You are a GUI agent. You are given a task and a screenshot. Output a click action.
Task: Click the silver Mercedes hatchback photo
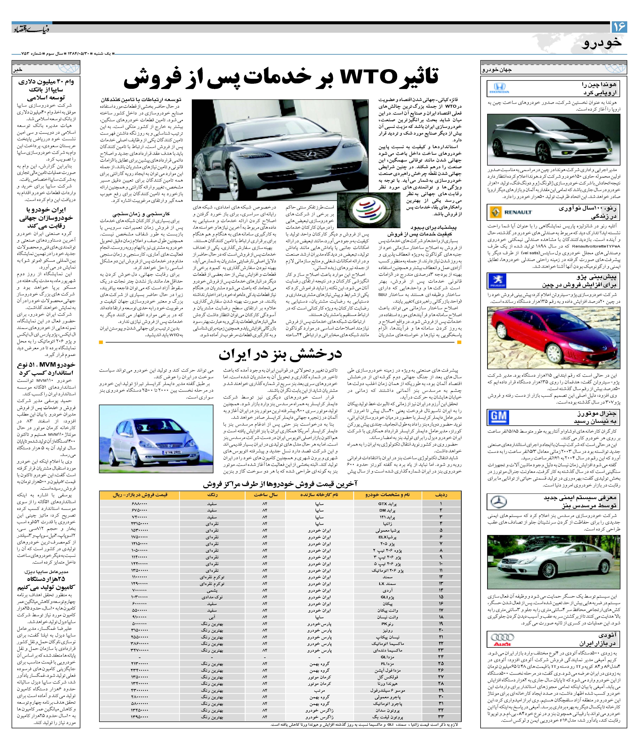[x=156, y=439]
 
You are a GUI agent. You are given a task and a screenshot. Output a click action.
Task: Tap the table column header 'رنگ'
[x=212, y=495]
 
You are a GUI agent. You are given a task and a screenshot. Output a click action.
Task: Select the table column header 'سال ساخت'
[x=265, y=495]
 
